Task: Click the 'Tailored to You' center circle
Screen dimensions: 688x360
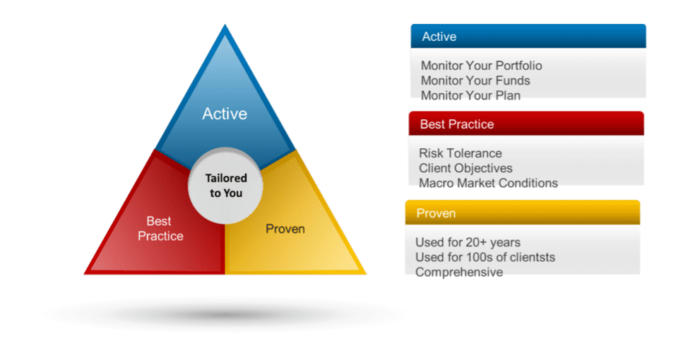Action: pos(225,186)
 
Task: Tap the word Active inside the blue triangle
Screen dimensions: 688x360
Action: pos(225,114)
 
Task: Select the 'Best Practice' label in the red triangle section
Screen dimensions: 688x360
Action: pos(160,229)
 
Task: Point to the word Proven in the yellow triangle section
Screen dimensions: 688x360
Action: pos(285,229)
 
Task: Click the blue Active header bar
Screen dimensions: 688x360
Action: pos(528,36)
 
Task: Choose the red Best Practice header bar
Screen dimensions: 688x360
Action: pos(526,124)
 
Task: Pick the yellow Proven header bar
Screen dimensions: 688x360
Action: pos(522,212)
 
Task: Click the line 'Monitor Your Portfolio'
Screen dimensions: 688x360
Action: pos(481,66)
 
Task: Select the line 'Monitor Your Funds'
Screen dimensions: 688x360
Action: pos(475,80)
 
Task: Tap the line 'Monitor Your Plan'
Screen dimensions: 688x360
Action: pos(470,95)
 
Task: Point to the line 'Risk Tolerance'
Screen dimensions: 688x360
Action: pos(461,153)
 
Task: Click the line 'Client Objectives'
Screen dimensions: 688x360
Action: pos(465,168)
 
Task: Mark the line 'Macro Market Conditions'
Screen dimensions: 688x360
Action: pos(488,183)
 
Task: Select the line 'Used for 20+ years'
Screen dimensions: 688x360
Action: pos(468,242)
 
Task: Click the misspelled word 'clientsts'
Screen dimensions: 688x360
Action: pos(530,257)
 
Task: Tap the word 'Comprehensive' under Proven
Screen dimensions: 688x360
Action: pos(459,272)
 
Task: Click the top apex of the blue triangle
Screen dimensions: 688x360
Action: pos(225,25)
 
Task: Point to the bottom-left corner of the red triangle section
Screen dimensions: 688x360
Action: pos(84,274)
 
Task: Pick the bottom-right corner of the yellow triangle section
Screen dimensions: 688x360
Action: pos(366,274)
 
